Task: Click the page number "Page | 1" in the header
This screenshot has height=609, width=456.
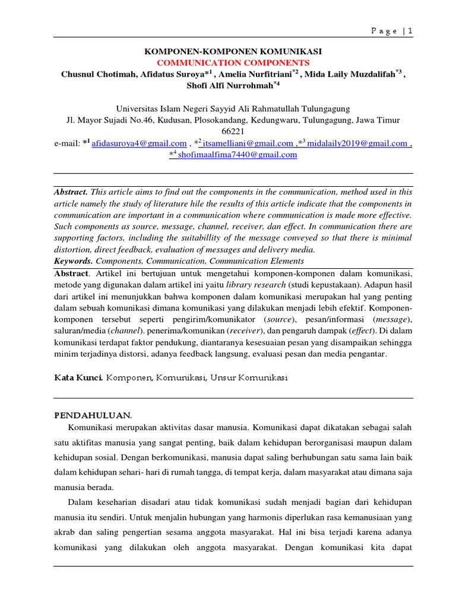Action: (x=391, y=32)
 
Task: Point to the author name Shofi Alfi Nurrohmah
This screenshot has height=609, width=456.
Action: (x=229, y=86)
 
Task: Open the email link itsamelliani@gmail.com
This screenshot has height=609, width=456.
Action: (x=248, y=143)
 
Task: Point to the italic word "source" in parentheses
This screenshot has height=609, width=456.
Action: (x=280, y=319)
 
